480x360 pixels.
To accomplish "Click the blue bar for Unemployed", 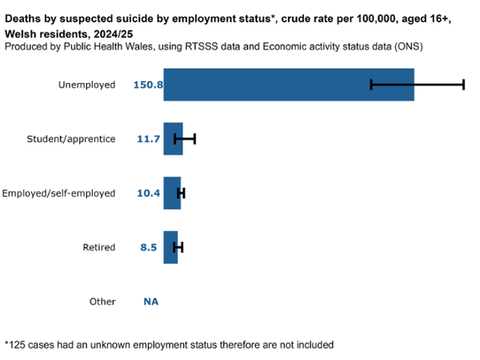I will point(288,85).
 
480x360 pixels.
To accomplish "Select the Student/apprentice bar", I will point(172,139).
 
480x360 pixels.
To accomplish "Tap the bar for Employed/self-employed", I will point(171,193).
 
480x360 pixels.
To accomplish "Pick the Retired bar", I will point(170,247).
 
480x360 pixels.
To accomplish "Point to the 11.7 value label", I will point(149,139).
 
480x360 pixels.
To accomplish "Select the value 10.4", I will point(149,193).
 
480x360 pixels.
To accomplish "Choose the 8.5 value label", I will point(149,247).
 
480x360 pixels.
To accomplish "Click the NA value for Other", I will point(150,302).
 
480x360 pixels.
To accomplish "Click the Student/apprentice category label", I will point(72,139).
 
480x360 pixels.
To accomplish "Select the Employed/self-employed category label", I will point(59,193).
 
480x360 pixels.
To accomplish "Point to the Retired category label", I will point(99,247).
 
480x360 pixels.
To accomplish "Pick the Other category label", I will point(102,302).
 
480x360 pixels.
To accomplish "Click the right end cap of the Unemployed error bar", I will point(463,85).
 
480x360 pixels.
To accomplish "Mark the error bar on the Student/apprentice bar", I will point(185,139).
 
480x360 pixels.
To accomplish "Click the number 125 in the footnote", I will point(17,345).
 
